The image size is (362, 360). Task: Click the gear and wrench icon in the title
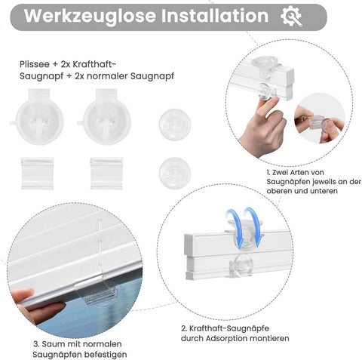click(291, 17)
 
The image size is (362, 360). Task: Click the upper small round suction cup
click(174, 122)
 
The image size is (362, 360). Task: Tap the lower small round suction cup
click(174, 172)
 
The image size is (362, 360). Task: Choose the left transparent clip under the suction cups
click(37, 173)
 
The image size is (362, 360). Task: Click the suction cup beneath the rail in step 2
click(241, 263)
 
